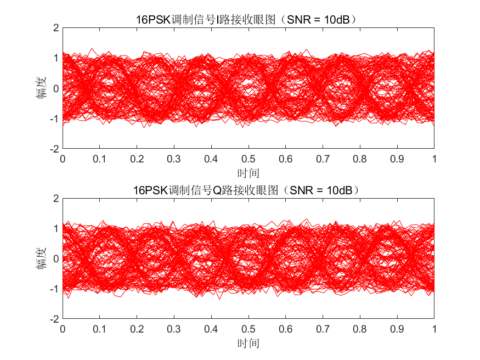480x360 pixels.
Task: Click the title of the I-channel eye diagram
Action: [248, 20]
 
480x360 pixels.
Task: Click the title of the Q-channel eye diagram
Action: [248, 190]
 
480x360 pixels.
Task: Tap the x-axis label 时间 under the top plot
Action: [248, 173]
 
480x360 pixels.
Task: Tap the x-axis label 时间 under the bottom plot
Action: [248, 344]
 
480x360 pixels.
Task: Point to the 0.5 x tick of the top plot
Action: [249, 159]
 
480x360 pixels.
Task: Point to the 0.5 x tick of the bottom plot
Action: [249, 329]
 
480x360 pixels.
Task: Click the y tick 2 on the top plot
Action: [55, 27]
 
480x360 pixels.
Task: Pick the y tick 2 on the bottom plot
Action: [55, 198]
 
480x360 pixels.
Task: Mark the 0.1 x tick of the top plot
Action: [100, 159]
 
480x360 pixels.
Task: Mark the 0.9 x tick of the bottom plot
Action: [397, 329]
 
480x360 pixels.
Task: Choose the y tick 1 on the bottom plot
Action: [55, 228]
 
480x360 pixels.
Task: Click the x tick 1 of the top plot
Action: [434, 159]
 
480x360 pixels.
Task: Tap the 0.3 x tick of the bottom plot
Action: [174, 329]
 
